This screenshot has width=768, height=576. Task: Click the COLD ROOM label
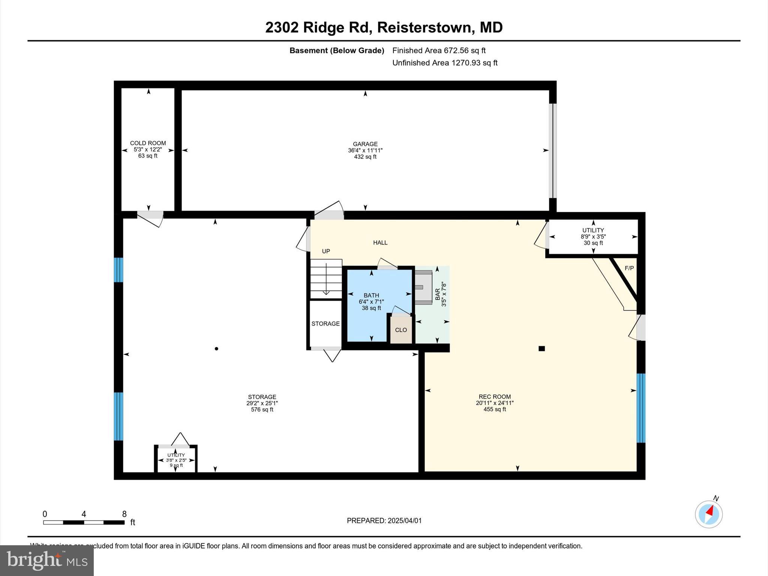point(148,143)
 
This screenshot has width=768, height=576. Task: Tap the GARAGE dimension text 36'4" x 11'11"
point(365,150)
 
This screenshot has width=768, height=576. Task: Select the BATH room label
point(371,295)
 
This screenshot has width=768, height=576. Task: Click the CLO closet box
point(401,330)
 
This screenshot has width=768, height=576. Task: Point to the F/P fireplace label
point(629,268)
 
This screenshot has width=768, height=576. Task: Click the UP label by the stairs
point(326,251)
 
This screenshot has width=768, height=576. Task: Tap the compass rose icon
point(708,514)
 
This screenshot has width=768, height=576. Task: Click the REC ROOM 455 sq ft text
point(495,409)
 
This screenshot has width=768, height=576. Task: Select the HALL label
point(380,243)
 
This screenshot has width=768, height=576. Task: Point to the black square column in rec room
point(541,348)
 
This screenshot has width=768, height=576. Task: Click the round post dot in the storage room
point(216,349)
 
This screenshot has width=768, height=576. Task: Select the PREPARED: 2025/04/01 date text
point(384,520)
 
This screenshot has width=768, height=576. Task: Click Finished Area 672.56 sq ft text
point(439,50)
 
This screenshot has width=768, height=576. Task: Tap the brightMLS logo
point(47,560)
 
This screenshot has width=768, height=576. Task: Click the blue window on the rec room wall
point(641,408)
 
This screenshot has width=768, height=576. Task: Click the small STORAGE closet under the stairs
point(325,324)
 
